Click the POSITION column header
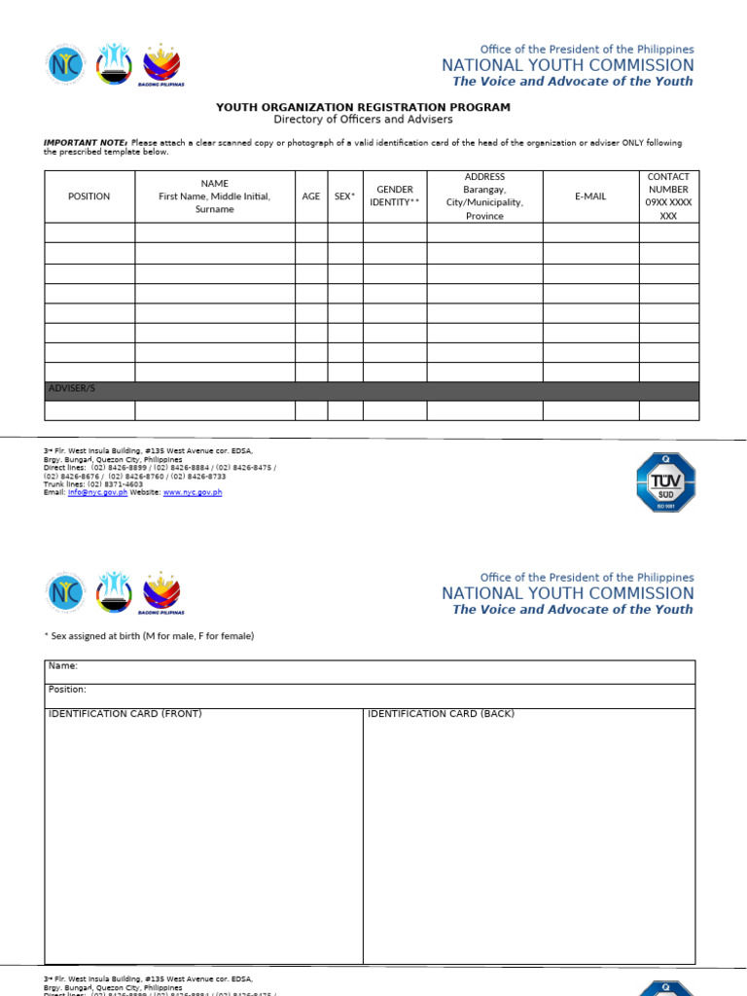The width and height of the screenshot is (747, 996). pyautogui.click(x=89, y=196)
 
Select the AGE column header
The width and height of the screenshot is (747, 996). pyautogui.click(x=310, y=196)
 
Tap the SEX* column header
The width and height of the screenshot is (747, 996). pyautogui.click(x=344, y=196)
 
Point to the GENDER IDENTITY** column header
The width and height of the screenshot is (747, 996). pyautogui.click(x=394, y=196)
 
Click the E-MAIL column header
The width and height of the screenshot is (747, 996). pyautogui.click(x=590, y=196)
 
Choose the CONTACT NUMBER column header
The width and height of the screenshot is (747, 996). pyautogui.click(x=668, y=196)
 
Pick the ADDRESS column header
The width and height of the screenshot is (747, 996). pyautogui.click(x=484, y=196)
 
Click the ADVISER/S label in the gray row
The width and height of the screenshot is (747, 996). pyautogui.click(x=72, y=388)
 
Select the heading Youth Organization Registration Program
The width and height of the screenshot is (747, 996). pyautogui.click(x=363, y=107)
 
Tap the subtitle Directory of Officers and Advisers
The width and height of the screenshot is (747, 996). pyautogui.click(x=363, y=120)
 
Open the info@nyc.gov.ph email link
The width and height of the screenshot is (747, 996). pyautogui.click(x=97, y=492)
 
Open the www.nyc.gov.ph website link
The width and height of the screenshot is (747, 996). pyautogui.click(x=192, y=492)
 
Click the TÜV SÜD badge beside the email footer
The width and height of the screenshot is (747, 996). pyautogui.click(x=665, y=482)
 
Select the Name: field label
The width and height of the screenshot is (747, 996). pyautogui.click(x=63, y=666)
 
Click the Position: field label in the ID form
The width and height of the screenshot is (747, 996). pyautogui.click(x=67, y=690)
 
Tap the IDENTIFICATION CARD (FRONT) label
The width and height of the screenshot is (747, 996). pyautogui.click(x=125, y=714)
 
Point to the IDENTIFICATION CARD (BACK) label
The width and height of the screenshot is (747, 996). pyautogui.click(x=441, y=714)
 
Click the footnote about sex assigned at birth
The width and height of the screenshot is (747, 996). pyautogui.click(x=149, y=636)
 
